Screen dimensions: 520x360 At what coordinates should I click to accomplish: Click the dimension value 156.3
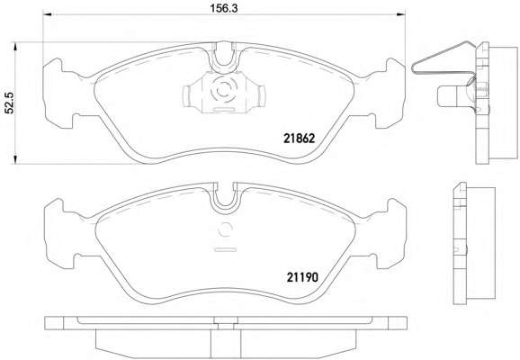223,8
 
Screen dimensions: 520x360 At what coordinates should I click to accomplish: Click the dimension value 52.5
10,103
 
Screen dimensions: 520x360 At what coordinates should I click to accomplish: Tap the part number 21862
299,139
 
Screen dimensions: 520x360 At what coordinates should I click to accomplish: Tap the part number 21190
301,276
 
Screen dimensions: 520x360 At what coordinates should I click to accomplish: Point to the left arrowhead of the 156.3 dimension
47,14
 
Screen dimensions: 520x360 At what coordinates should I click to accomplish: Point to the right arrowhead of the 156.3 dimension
401,14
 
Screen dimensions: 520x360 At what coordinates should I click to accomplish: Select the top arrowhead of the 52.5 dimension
14,47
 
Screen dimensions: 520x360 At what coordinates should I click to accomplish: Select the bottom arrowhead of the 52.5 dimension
14,159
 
